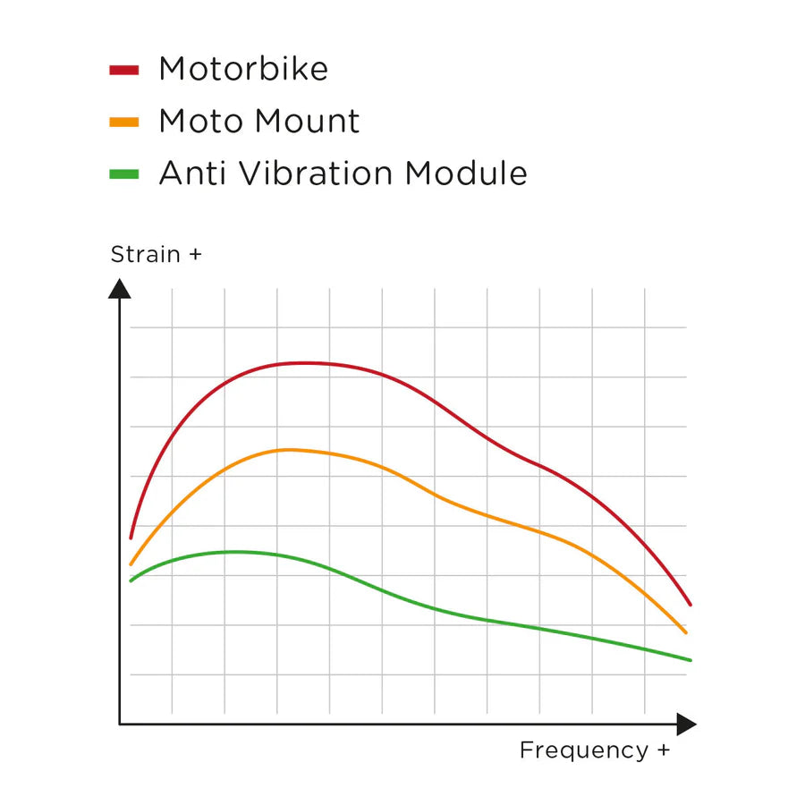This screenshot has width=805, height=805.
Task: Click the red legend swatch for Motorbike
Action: coord(123,70)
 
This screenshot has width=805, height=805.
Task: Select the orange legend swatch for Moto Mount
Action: coord(123,122)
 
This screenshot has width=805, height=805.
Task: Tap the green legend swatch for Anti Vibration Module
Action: coord(123,174)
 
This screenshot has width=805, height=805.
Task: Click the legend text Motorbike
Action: coord(243,70)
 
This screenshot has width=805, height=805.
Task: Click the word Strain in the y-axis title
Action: coord(145,255)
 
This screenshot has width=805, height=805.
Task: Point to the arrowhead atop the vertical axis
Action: coord(120,288)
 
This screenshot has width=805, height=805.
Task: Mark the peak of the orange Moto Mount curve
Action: coord(288,449)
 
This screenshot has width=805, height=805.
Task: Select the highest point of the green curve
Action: coord(234,552)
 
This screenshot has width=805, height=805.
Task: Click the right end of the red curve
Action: coord(691,606)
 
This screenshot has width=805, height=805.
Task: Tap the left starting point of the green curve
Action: coord(131,581)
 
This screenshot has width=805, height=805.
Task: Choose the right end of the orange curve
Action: coord(686,633)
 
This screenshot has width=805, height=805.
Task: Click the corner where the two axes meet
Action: coord(120,724)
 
